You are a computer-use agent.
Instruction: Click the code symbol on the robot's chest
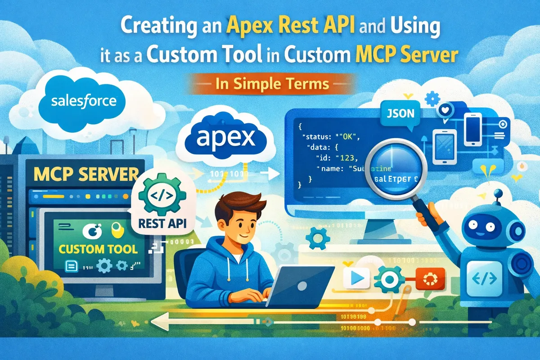pyautogui.click(x=482, y=280)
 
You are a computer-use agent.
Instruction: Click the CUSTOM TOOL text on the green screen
pyautogui.click(x=98, y=248)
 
